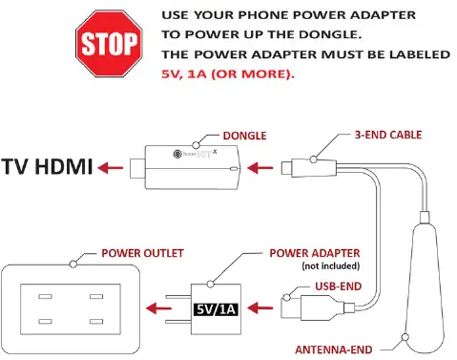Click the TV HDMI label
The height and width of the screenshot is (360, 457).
[48, 168]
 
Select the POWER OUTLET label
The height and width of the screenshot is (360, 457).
[143, 253]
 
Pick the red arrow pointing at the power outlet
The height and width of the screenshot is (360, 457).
[157, 308]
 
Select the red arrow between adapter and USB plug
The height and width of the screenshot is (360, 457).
[268, 308]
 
